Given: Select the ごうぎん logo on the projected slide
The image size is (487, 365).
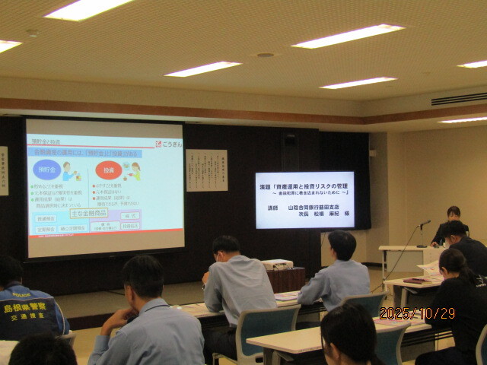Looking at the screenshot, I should pyautogui.click(x=169, y=144).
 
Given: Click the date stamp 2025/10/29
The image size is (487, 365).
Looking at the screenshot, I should pyautogui.click(x=416, y=313).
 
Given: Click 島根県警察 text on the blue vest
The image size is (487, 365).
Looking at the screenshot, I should pyautogui.click(x=25, y=308).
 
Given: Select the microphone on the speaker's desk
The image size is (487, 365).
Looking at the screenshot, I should pyautogui.click(x=424, y=223).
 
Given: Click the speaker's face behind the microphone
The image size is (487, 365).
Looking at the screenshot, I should pyautogui.click(x=454, y=214).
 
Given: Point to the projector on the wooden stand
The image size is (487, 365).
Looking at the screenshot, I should pyautogui.click(x=277, y=264).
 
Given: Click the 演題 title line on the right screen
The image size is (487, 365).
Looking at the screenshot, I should pyautogui.click(x=304, y=186).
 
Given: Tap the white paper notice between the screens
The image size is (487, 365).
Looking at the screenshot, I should pyautogui.click(x=206, y=170).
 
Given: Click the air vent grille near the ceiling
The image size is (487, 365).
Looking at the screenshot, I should pyautogui.click(x=459, y=99).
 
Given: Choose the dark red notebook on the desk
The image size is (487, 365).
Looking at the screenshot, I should pyautogui.click(x=417, y=281).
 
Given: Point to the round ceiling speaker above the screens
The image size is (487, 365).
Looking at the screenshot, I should pyautogui.click(x=266, y=55).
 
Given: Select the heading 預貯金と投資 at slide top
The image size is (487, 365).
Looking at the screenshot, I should pyautogui.click(x=46, y=142).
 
